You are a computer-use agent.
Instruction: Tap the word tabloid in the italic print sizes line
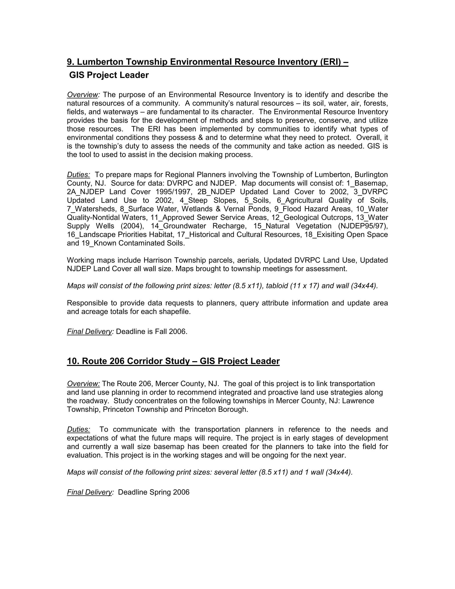(277, 286)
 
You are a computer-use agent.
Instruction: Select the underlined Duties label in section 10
(78, 429)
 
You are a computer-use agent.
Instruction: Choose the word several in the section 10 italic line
(226, 472)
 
